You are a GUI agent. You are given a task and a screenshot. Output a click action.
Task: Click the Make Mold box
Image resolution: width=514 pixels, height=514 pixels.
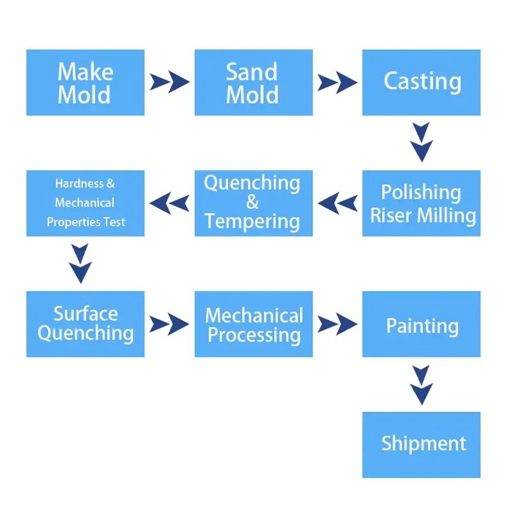click(x=85, y=82)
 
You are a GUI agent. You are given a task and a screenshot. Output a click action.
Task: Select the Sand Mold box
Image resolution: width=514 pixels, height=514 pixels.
click(x=254, y=82)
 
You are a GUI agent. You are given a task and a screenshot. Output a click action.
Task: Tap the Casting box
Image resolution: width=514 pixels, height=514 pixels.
click(x=421, y=82)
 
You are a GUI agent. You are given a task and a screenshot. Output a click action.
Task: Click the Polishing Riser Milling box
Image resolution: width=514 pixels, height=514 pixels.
click(x=421, y=203)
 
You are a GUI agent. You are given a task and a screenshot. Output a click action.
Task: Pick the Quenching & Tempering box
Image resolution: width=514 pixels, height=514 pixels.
click(x=254, y=203)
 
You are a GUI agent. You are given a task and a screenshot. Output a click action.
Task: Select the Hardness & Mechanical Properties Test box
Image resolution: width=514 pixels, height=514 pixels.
click(x=85, y=203)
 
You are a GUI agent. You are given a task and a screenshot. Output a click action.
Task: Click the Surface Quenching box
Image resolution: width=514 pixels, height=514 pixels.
click(x=85, y=324)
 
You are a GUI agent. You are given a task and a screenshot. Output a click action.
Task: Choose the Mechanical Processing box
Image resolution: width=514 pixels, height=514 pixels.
click(x=254, y=324)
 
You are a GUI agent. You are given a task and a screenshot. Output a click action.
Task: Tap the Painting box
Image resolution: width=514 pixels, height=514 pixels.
click(x=421, y=324)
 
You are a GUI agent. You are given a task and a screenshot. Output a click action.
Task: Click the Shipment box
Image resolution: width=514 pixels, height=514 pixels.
click(x=421, y=445)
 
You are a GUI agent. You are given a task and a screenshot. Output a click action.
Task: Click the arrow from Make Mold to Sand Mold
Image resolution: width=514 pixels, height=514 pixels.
click(x=170, y=82)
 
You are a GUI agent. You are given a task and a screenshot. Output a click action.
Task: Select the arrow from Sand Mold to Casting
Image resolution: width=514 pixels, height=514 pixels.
click(x=337, y=82)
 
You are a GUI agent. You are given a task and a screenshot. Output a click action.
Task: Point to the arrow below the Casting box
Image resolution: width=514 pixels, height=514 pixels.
click(x=421, y=142)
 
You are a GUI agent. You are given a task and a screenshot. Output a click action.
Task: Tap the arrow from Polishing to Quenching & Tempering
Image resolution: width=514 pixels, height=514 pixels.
click(x=338, y=203)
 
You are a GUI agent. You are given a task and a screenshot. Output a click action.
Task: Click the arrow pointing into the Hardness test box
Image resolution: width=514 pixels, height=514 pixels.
click(x=169, y=203)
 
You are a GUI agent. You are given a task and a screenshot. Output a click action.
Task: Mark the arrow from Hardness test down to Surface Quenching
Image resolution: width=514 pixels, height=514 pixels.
click(x=80, y=263)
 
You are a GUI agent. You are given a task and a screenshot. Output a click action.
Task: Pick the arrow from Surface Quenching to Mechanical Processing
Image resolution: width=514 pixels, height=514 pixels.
click(x=169, y=324)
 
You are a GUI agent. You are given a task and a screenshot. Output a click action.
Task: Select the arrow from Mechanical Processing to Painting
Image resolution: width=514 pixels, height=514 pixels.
click(x=337, y=324)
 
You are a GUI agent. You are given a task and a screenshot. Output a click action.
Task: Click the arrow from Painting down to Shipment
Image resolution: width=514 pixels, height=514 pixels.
click(x=421, y=385)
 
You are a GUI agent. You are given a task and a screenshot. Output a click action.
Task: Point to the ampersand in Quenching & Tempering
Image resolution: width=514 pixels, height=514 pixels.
click(x=253, y=202)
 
